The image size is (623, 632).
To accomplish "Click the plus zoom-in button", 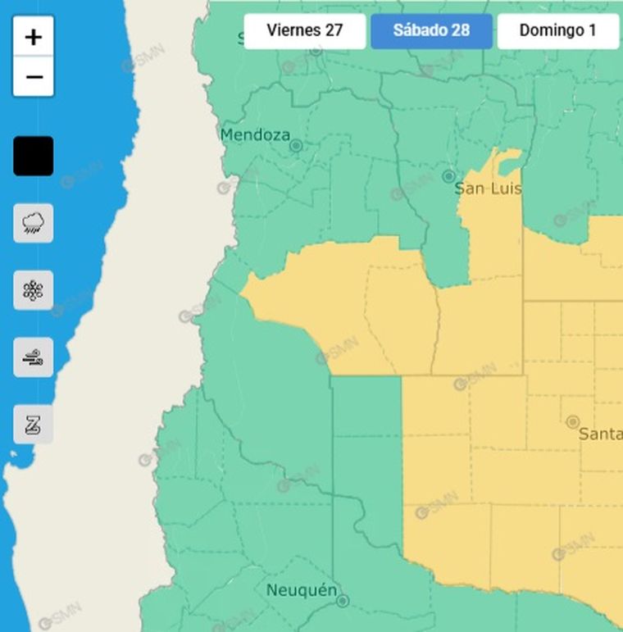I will (x=34, y=37).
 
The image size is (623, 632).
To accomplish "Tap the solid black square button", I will (x=34, y=156).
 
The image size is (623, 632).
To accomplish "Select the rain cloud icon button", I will (x=34, y=223).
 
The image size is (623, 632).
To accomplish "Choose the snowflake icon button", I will (x=34, y=290).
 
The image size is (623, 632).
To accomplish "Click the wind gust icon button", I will (x=34, y=357).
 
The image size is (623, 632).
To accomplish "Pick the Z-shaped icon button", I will (x=34, y=425).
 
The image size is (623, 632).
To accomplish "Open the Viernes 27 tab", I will (x=304, y=31).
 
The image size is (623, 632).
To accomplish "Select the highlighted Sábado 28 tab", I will (x=431, y=31).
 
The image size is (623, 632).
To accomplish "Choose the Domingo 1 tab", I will (x=557, y=31).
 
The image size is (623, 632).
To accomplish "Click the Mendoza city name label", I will (x=255, y=134).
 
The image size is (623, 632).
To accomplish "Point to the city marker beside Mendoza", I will (x=297, y=146).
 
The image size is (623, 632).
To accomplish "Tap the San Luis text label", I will (x=489, y=189).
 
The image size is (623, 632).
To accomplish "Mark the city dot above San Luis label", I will (x=448, y=176).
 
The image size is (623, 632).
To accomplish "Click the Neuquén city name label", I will (x=302, y=590).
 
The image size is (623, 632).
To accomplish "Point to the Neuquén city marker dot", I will (x=343, y=601).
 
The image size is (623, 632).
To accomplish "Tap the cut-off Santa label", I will (x=600, y=434).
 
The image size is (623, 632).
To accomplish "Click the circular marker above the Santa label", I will (x=573, y=421).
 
